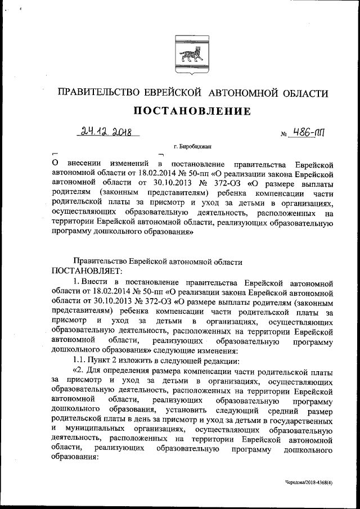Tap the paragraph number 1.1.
pyautogui.click(x=84, y=361)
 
